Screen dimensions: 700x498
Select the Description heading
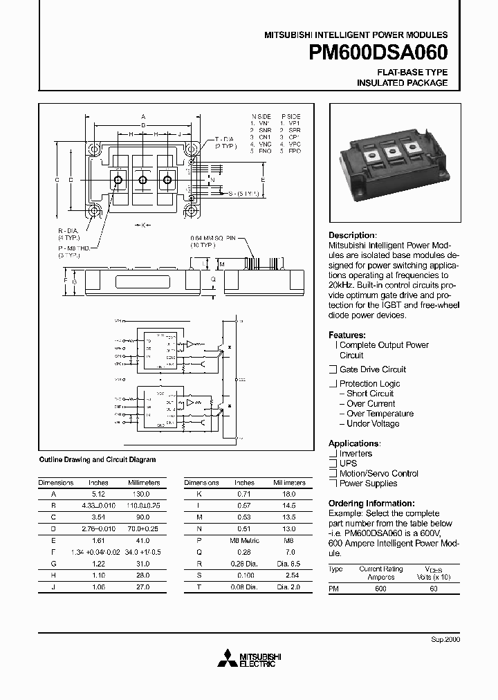point(352,235)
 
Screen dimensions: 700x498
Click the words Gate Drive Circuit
point(373,369)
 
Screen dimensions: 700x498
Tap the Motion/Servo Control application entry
point(378,473)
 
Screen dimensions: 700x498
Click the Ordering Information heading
point(371,504)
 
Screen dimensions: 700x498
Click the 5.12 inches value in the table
point(98,495)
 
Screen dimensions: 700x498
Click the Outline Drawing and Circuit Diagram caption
point(98,459)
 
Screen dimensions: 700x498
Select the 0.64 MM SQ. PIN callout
point(213,237)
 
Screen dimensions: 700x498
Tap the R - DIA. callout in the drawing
point(68,230)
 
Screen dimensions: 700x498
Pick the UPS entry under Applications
point(349,463)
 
